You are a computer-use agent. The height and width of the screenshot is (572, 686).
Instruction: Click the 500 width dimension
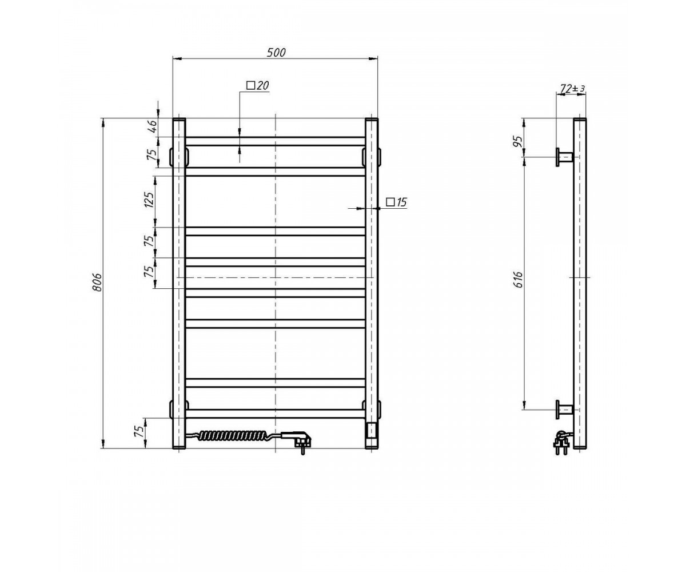(x=276, y=53)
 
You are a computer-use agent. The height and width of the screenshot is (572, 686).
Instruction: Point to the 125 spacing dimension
(x=149, y=200)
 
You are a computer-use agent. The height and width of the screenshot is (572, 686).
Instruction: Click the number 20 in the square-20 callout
(x=262, y=86)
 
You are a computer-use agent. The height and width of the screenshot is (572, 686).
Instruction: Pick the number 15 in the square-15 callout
(x=401, y=202)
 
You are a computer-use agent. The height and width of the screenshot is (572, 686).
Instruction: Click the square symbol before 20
(x=251, y=86)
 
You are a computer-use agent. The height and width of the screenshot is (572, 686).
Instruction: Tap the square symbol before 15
(x=390, y=202)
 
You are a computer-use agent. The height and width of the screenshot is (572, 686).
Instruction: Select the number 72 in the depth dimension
(x=566, y=88)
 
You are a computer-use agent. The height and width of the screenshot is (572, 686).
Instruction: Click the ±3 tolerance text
(x=579, y=89)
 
